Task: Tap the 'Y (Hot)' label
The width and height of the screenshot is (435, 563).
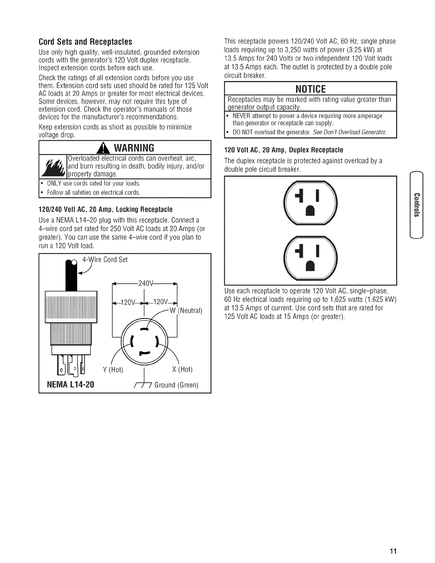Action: (113, 370)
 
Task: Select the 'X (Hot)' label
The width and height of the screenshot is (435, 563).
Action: (182, 370)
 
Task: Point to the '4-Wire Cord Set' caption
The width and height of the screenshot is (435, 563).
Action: (105, 260)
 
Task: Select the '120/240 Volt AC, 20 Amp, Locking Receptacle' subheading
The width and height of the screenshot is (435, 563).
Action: (105, 208)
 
